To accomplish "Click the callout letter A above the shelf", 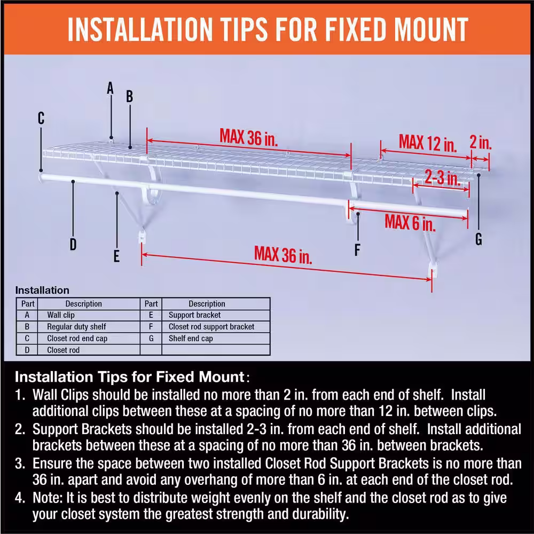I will click(111, 88).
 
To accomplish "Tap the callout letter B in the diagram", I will click(129, 97).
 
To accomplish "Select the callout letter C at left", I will click(41, 119).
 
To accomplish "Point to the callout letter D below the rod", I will click(73, 245).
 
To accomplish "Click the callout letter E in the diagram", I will click(116, 256).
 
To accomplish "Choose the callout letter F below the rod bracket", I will click(357, 249).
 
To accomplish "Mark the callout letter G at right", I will click(478, 240).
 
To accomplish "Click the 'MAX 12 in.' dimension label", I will click(428, 143).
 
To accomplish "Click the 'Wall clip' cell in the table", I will click(61, 315).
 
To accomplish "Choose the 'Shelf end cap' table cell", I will click(191, 339).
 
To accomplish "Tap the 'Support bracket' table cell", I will click(194, 315).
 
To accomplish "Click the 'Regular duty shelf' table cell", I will click(76, 327).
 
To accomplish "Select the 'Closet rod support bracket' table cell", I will click(211, 327).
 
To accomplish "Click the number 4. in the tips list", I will click(20, 499).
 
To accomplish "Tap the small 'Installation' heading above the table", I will click(42, 290).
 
